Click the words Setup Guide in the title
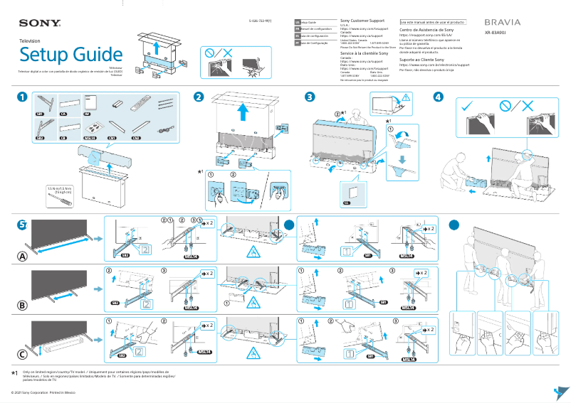70,55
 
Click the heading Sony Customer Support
364,22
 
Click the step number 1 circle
23,97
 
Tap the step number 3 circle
309,97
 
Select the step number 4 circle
438,97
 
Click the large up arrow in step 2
243,110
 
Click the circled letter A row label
23,255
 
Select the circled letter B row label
23,306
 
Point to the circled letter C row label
23,355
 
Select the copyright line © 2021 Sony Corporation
43,392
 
